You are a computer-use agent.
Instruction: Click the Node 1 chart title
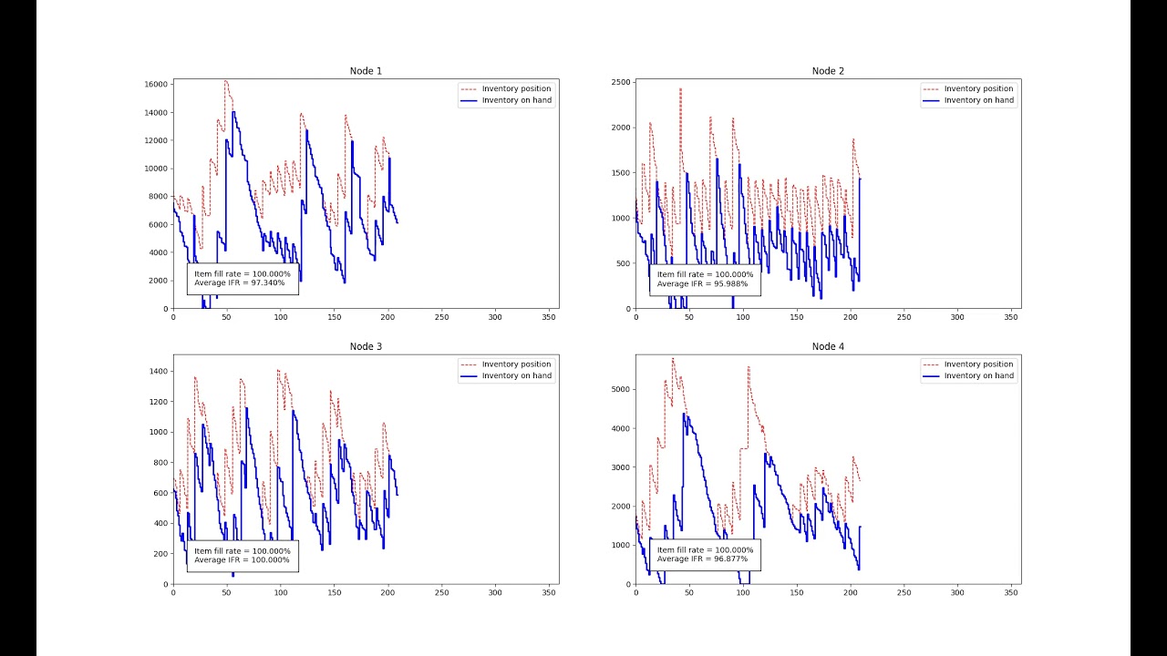click(366, 71)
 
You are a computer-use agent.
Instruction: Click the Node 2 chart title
click(828, 71)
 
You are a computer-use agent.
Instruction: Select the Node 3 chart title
click(366, 346)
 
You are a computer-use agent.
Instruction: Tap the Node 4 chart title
click(828, 346)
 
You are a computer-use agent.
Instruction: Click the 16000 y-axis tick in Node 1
click(155, 85)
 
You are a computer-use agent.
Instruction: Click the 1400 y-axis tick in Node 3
click(158, 372)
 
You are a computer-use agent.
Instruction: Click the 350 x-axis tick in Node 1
click(549, 317)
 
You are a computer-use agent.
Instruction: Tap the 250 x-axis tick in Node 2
click(904, 317)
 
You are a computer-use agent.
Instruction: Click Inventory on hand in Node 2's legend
click(978, 100)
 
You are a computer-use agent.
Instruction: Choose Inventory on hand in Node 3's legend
click(516, 375)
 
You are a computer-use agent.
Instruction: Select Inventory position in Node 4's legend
click(978, 364)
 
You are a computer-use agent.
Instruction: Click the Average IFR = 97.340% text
click(240, 283)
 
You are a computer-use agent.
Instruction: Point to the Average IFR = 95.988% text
click(702, 283)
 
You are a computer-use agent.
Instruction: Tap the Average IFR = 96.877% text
click(702, 559)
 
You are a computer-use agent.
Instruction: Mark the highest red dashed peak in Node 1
click(225, 81)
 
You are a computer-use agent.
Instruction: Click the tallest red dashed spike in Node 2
click(680, 89)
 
